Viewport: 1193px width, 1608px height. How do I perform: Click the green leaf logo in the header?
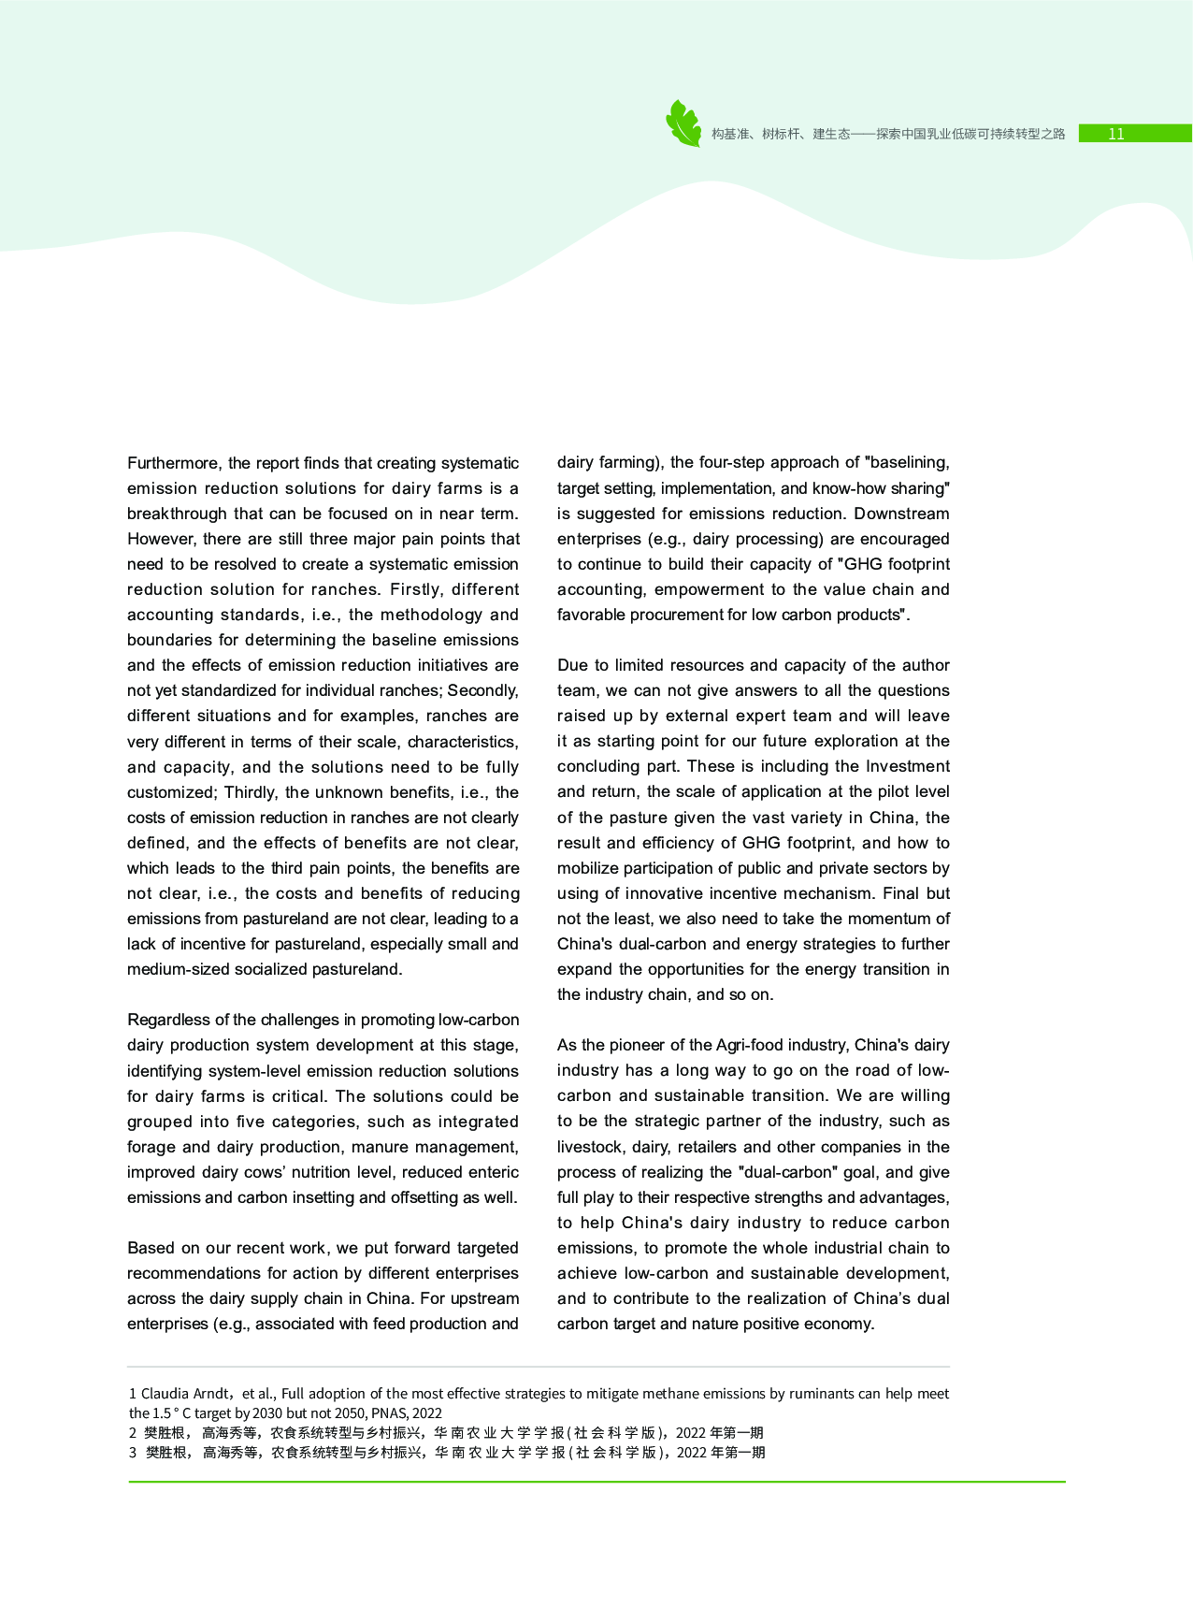tap(683, 123)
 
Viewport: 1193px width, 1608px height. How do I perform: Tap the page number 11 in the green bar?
tap(1115, 134)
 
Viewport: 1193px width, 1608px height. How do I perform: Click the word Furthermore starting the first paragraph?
tap(175, 463)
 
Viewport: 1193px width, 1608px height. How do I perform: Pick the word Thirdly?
tap(251, 792)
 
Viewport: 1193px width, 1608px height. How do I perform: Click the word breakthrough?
tap(178, 514)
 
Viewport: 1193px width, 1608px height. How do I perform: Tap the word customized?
tap(170, 792)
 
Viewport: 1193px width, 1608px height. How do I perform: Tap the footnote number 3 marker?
tap(133, 1453)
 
